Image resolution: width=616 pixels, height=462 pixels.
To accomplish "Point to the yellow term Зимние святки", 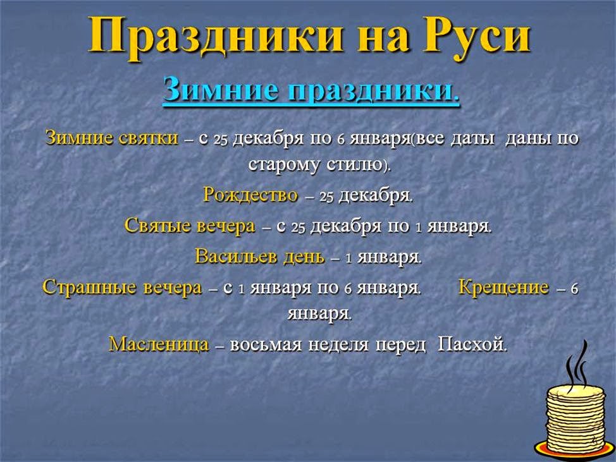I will pyautogui.click(x=111, y=138).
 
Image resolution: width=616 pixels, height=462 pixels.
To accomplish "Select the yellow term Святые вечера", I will pyautogui.click(x=190, y=226).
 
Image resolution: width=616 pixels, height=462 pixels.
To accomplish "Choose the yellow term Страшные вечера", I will pyautogui.click(x=122, y=288).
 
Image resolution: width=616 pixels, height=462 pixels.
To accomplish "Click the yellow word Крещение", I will pyautogui.click(x=503, y=288).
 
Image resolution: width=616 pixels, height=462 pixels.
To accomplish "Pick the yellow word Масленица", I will pyautogui.click(x=159, y=344).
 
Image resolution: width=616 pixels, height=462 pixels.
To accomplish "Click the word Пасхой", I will pyautogui.click(x=472, y=344).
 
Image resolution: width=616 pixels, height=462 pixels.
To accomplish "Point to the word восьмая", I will pyautogui.click(x=269, y=344).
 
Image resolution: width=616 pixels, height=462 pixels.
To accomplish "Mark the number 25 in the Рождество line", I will pyautogui.click(x=326, y=197).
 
